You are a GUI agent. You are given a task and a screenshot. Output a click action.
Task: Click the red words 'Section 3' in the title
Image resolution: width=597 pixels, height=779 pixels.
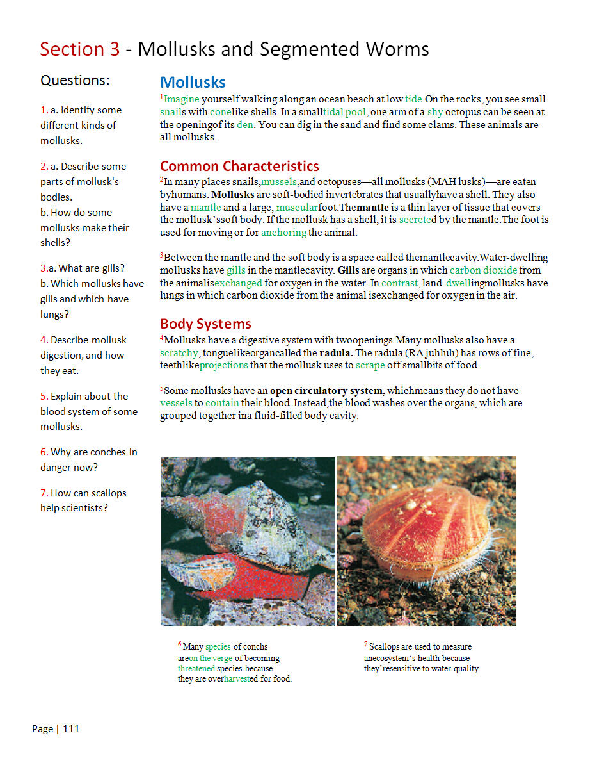pos(80,49)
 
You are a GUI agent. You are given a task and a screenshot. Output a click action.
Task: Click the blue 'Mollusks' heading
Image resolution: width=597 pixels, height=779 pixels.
pos(193,83)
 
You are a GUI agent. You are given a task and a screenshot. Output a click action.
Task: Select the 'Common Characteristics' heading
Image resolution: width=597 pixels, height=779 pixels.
pos(239,167)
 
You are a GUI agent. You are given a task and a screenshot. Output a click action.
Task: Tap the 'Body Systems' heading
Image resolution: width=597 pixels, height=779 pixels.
pos(205,324)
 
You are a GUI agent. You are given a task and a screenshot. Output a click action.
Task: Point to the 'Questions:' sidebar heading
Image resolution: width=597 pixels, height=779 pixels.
pos(75,81)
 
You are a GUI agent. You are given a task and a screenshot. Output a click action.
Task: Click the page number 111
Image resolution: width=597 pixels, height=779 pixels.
pos(71,729)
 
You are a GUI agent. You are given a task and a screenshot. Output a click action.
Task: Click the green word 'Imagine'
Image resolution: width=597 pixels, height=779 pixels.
pos(182,99)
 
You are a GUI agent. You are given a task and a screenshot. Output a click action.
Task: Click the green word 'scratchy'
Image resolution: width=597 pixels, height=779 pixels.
pos(180,353)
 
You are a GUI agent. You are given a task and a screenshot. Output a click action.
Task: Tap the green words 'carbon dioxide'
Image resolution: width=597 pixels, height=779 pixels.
pos(483,270)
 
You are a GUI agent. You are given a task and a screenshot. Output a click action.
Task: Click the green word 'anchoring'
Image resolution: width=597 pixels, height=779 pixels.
pos(283,233)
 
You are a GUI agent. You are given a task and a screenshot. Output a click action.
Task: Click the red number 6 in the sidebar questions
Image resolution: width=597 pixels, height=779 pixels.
pos(44,452)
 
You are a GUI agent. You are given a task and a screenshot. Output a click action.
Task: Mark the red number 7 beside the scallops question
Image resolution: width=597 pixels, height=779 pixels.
pos(44,493)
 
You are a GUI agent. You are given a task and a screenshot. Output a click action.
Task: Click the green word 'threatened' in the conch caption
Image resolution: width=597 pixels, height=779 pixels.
pos(196,668)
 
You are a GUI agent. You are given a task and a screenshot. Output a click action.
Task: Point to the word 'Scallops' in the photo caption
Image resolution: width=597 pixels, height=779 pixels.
pos(385,647)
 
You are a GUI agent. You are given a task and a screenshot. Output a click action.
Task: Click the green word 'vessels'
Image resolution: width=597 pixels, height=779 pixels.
pos(175,404)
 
